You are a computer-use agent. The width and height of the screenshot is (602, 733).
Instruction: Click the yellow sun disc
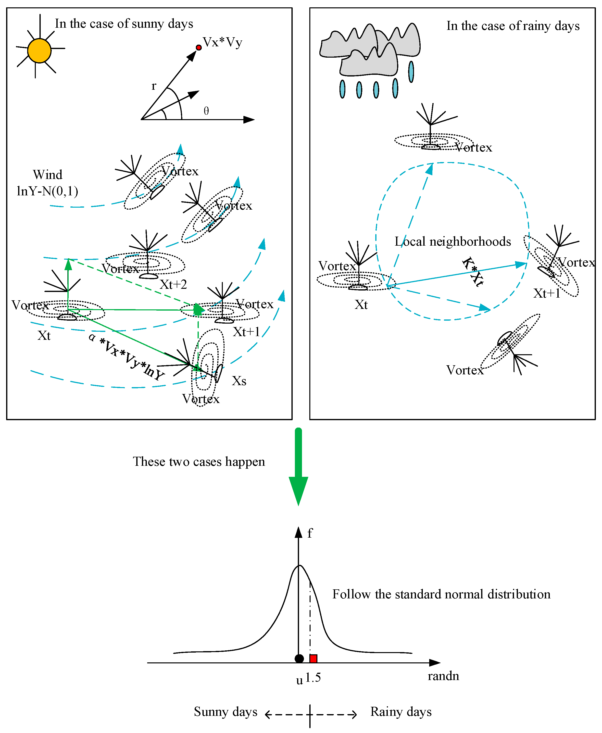tap(39, 51)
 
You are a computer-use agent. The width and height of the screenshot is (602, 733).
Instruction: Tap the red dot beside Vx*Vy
tap(199, 48)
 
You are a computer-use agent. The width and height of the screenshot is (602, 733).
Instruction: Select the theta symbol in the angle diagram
tap(206, 111)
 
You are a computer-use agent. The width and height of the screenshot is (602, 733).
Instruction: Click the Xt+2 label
tap(173, 285)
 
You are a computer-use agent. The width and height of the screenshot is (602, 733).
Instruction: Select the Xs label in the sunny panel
tap(239, 381)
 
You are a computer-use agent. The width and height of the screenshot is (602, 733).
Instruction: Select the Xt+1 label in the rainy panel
tap(547, 293)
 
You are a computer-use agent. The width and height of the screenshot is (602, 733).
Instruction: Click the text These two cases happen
tap(199, 462)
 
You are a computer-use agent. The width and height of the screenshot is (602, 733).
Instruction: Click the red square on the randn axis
tap(313, 658)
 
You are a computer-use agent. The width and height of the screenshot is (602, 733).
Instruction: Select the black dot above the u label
tap(299, 658)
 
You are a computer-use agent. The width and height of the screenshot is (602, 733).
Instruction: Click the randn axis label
tap(443, 676)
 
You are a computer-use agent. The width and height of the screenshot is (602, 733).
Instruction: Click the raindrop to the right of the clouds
tap(411, 72)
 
